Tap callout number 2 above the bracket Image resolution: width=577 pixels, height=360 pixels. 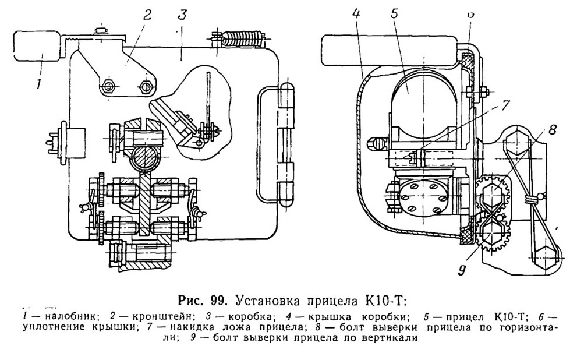tap(147, 16)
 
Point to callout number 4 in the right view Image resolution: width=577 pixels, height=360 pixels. tap(356, 13)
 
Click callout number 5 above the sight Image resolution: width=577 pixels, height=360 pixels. tap(394, 13)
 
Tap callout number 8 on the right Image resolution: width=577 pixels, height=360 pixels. tap(552, 129)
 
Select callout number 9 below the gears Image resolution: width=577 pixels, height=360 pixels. tap(462, 270)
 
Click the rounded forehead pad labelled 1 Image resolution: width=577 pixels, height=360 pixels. tap(37, 46)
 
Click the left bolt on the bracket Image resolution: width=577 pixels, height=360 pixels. tap(108, 86)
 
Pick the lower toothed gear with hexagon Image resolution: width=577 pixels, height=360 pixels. tap(493, 234)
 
